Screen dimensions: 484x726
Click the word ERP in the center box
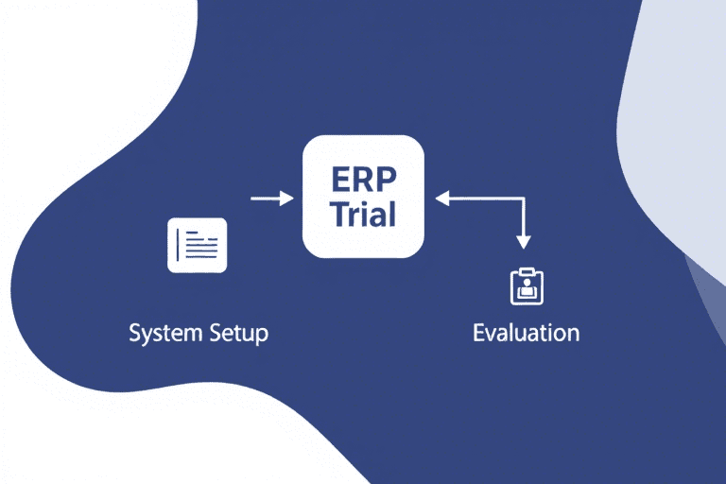point(363,179)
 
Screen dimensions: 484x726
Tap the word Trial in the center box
point(363,214)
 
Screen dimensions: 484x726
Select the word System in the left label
point(163,334)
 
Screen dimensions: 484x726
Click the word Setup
point(236,334)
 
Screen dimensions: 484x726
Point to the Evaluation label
point(526,333)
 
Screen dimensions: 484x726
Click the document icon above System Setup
point(197,246)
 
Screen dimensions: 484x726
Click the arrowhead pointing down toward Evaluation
point(523,242)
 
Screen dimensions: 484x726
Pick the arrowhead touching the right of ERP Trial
point(441,198)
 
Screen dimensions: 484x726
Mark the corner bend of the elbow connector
point(523,198)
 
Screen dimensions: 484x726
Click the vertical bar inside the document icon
point(180,246)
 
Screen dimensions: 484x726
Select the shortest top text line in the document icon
point(194,234)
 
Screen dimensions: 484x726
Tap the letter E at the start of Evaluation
point(479,333)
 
